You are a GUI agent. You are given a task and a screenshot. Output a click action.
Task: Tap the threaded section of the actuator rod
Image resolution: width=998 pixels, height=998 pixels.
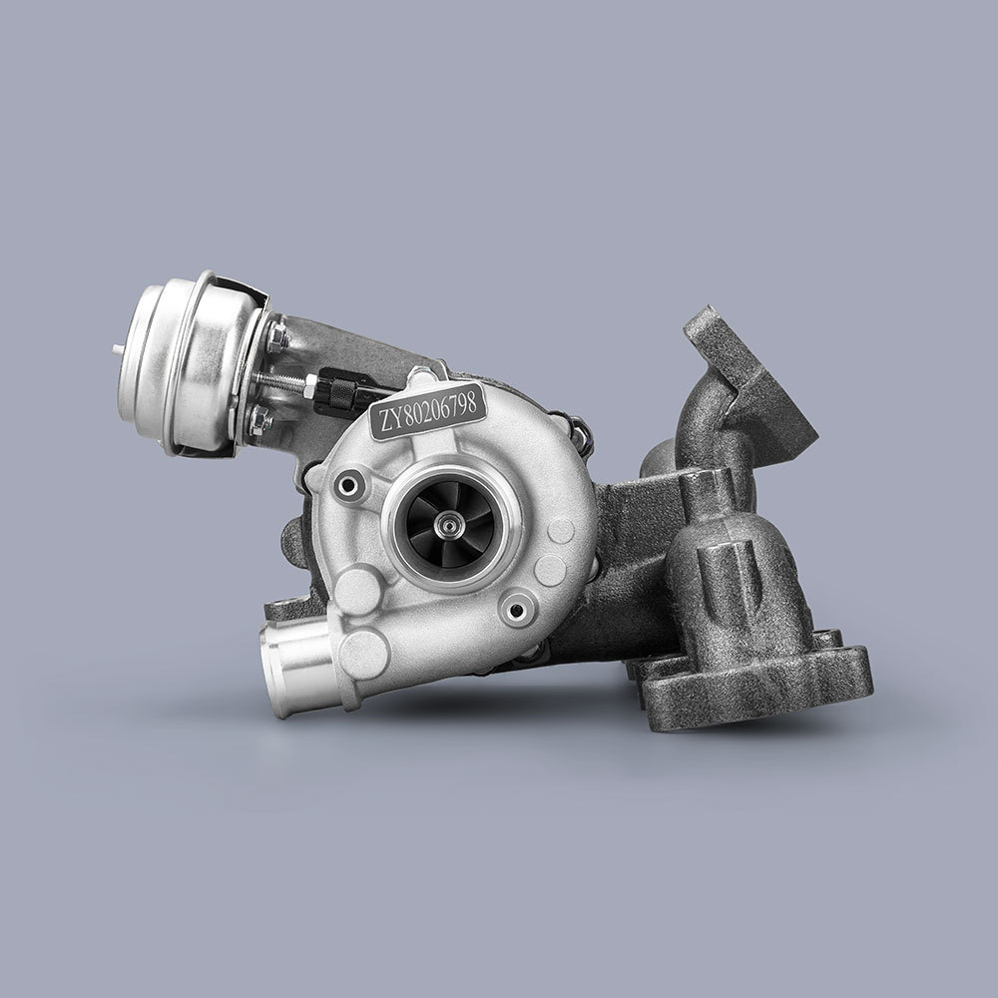(289, 380)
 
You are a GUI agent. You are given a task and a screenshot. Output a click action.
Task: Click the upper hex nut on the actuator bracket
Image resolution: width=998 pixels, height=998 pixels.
(277, 337)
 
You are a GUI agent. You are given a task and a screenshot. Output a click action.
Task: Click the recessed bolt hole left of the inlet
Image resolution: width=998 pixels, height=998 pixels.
(348, 486)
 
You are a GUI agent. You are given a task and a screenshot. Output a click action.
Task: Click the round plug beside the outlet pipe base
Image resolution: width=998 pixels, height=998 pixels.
(364, 653)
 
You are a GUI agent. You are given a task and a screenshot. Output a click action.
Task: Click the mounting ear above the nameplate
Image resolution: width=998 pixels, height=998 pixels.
(418, 375)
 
